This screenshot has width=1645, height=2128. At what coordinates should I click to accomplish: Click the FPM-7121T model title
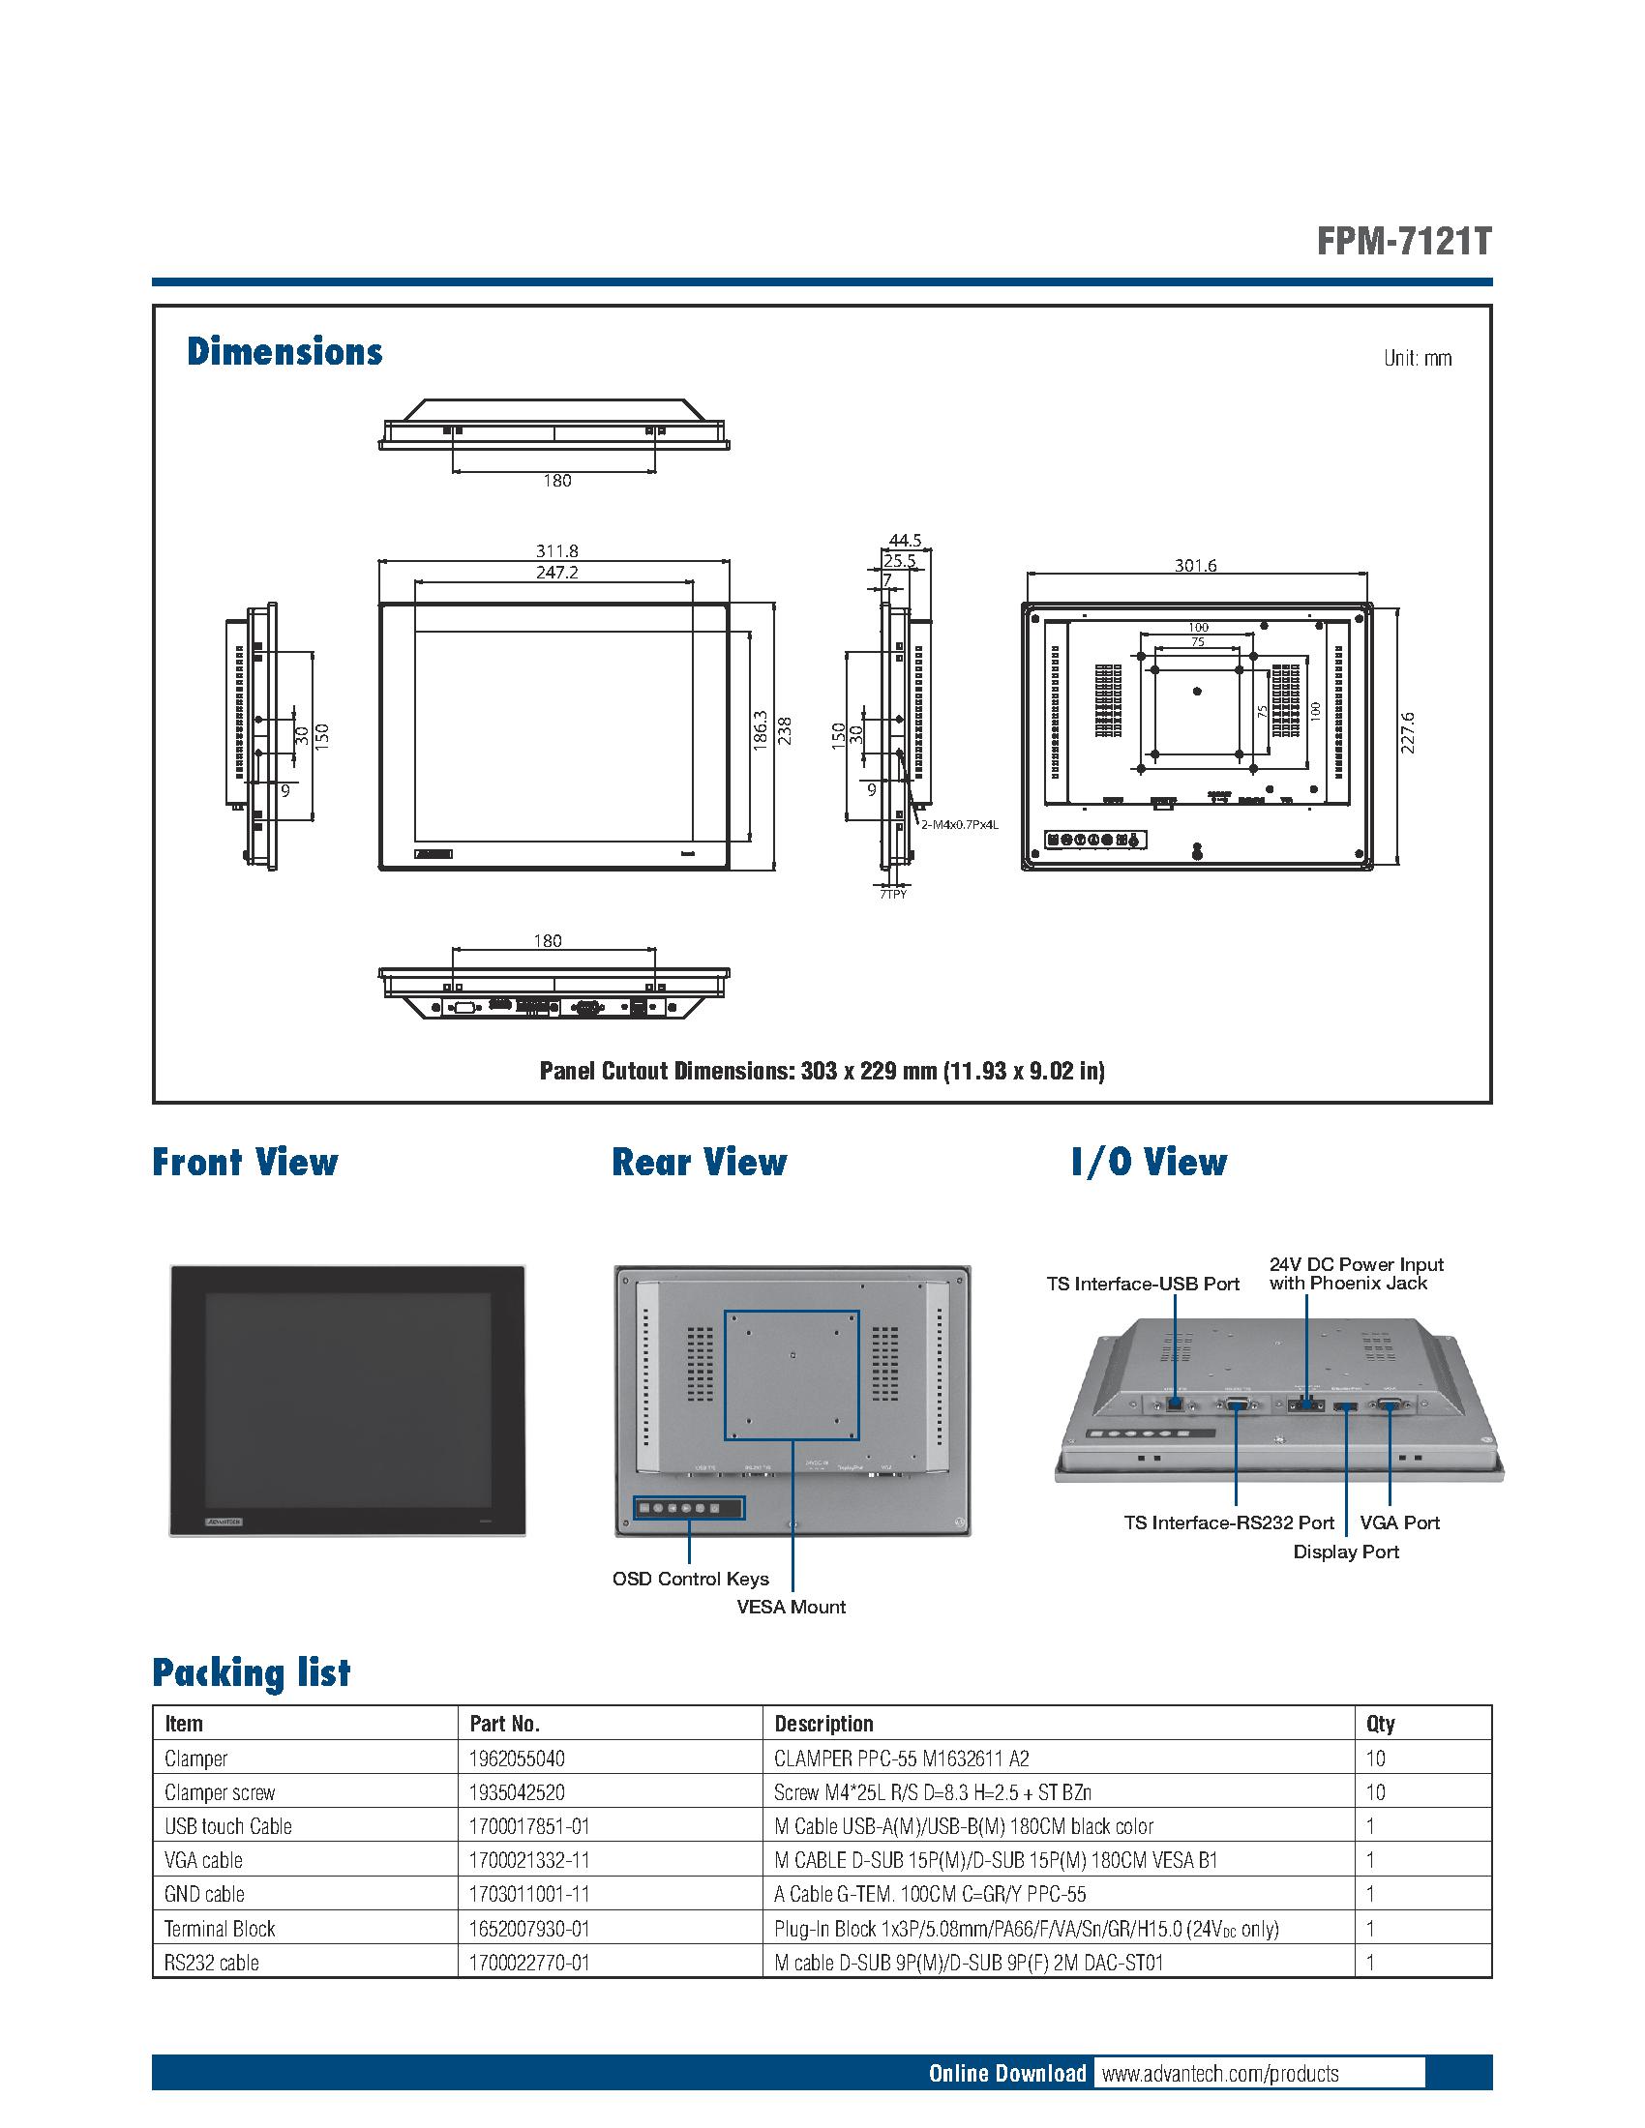[x=1403, y=241]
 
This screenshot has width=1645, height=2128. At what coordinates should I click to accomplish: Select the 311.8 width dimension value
[x=556, y=551]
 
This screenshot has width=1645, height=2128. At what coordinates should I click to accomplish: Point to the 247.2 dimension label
[x=556, y=573]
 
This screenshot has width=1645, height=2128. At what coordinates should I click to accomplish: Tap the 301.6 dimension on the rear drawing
[x=1195, y=565]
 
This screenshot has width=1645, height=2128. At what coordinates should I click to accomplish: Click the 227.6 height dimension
[x=1407, y=733]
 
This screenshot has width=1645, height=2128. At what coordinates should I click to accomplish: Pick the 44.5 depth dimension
[x=906, y=541]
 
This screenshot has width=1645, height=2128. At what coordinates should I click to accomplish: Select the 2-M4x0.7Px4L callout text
[x=960, y=824]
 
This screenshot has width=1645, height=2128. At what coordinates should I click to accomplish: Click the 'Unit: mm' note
[x=1417, y=359]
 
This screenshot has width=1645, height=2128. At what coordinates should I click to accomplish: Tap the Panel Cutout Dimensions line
[x=822, y=1071]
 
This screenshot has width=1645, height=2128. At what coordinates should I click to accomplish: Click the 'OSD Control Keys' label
[x=690, y=1579]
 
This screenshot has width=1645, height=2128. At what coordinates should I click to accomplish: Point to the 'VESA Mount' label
[x=791, y=1607]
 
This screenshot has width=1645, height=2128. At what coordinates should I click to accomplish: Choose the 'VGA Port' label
[x=1399, y=1522]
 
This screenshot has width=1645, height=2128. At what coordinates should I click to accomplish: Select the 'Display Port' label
[x=1345, y=1552]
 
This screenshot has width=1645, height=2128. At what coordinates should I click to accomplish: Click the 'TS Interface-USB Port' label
[x=1142, y=1284]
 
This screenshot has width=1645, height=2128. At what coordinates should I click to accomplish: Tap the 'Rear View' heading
[x=699, y=1162]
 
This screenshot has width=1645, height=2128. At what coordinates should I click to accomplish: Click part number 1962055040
[x=517, y=1758]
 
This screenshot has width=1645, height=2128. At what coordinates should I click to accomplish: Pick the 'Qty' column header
[x=1380, y=1723]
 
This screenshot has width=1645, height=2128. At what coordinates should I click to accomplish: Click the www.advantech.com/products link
[x=1219, y=2073]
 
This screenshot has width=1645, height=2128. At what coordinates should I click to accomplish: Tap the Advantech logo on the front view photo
[x=225, y=1520]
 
